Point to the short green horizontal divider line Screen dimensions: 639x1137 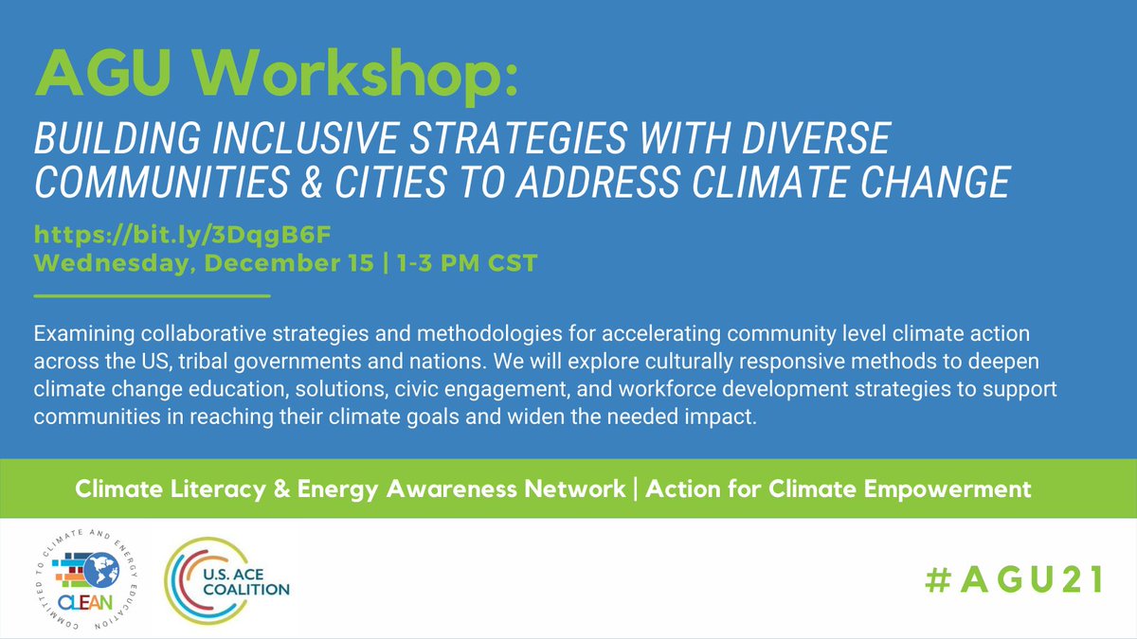coord(152,296)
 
